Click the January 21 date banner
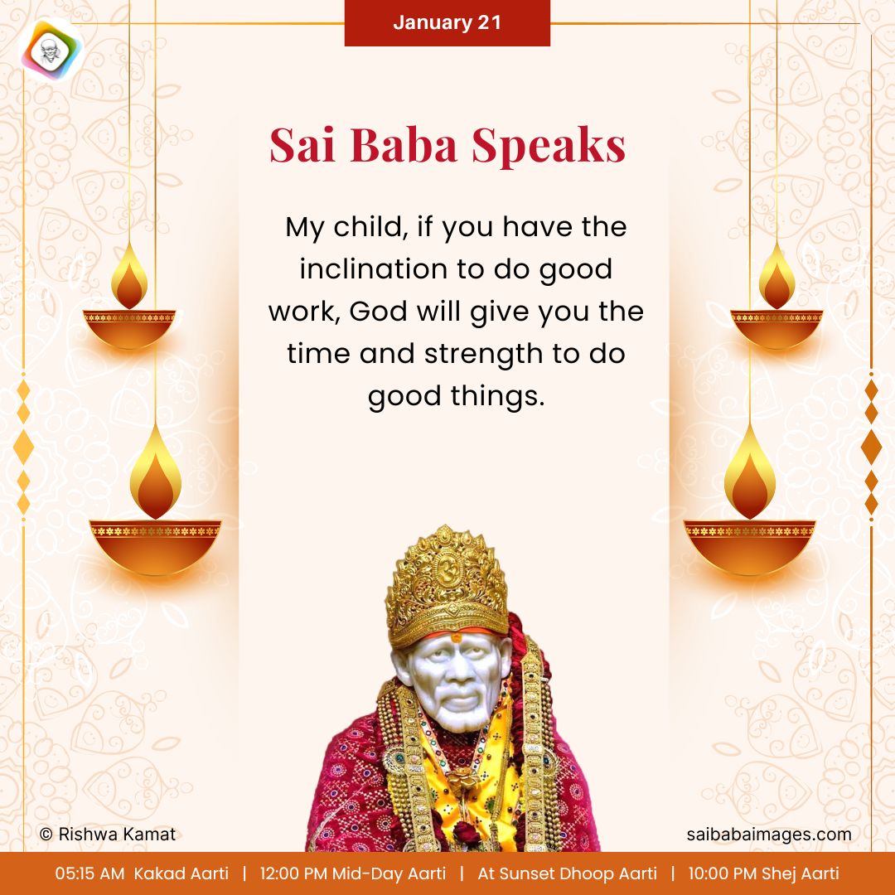pyautogui.click(x=447, y=22)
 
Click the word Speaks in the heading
pyautogui.click(x=549, y=146)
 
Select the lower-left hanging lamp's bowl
pyautogui.click(x=155, y=543)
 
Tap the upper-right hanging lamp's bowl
pyautogui.click(x=776, y=327)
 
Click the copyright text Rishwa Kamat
pyautogui.click(x=108, y=835)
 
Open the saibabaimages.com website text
pyautogui.click(x=768, y=835)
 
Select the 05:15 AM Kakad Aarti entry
pyautogui.click(x=142, y=873)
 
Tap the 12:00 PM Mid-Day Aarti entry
pyautogui.click(x=352, y=873)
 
